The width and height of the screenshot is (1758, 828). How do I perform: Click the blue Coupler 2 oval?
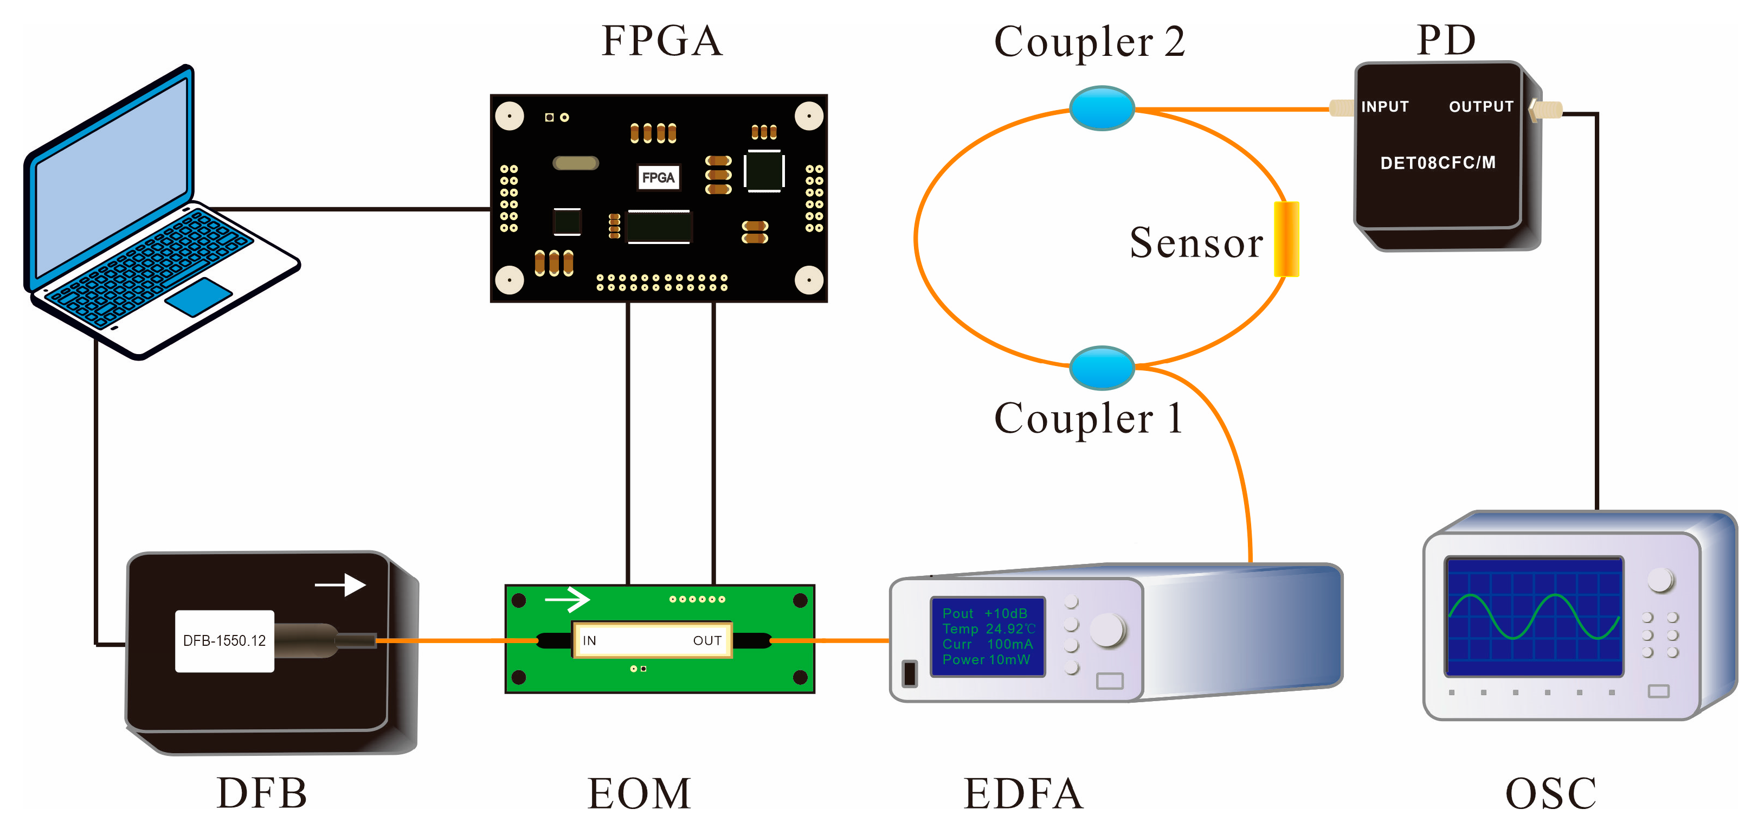[1102, 108]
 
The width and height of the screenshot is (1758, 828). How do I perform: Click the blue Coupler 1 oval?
[1102, 367]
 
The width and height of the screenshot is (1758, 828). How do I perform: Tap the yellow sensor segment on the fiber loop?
[1286, 239]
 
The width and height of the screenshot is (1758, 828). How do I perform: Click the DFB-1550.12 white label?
[224, 641]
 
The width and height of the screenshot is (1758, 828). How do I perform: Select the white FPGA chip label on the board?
[658, 177]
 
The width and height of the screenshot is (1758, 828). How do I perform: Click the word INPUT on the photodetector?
[1384, 106]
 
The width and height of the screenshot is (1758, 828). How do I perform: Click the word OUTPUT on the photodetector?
[1481, 106]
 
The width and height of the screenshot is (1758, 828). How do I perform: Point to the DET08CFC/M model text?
[1437, 163]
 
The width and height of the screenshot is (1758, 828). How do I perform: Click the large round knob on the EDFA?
[1107, 630]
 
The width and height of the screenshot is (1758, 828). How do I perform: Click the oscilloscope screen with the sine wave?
[1534, 617]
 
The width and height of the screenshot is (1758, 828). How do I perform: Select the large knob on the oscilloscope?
[1660, 580]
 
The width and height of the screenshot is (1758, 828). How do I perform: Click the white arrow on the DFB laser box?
[340, 585]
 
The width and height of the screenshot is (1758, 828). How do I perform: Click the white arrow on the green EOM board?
[567, 600]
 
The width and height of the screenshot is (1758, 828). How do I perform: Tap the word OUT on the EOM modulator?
[707, 641]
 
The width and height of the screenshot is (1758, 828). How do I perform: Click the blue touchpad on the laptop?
[198, 296]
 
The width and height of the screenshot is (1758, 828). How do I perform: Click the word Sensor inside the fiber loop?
[1196, 243]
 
